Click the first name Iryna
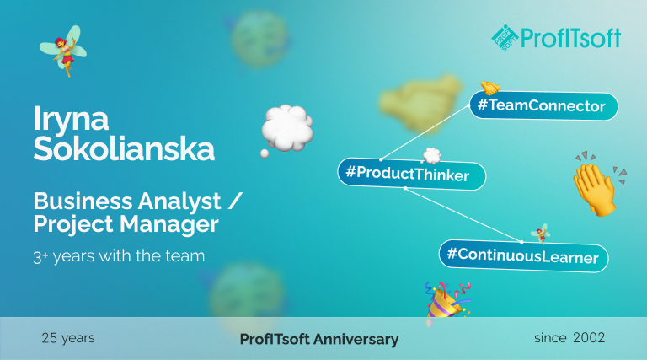point(71,119)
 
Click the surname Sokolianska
point(124,148)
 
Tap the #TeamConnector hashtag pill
point(544,105)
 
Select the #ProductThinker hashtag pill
point(412,174)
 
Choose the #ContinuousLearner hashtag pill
point(523,255)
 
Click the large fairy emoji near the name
point(64,51)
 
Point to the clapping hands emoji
point(598,184)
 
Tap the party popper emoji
point(447,300)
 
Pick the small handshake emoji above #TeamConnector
point(490,88)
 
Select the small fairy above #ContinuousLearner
point(541,234)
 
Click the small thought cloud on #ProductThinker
point(431,156)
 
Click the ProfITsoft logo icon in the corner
point(505,38)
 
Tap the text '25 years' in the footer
point(68,338)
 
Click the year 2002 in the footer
point(589,338)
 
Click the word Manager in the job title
point(169,224)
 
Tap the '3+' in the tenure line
point(40,257)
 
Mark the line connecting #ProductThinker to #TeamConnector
point(425,132)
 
